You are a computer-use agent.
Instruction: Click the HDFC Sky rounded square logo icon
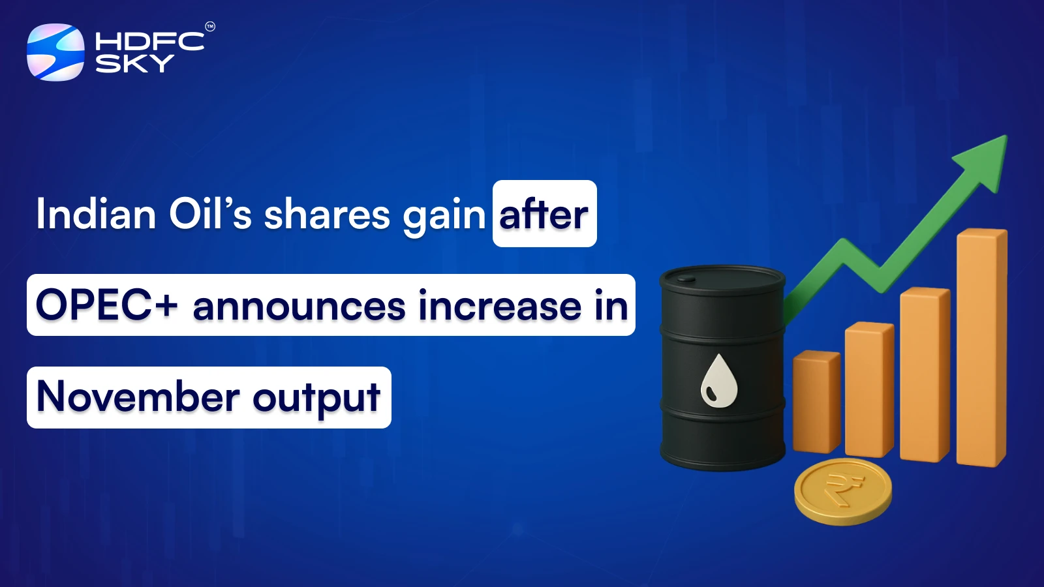[x=55, y=52]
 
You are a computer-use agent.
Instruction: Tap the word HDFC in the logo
[x=149, y=42]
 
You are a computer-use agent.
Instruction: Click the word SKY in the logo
[x=134, y=63]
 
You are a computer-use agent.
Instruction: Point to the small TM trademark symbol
[x=210, y=27]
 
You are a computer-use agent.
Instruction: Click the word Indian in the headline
[x=96, y=214]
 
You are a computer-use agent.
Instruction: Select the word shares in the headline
[x=327, y=214]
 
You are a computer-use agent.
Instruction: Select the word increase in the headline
[x=500, y=306]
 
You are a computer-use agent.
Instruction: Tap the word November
[x=138, y=397]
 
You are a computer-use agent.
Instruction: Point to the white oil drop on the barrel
[x=718, y=381]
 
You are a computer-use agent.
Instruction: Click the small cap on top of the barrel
[x=686, y=280]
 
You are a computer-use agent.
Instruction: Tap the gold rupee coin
[x=843, y=492]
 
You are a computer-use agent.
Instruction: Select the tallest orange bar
[x=982, y=348]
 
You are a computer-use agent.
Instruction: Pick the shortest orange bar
[x=816, y=402]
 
